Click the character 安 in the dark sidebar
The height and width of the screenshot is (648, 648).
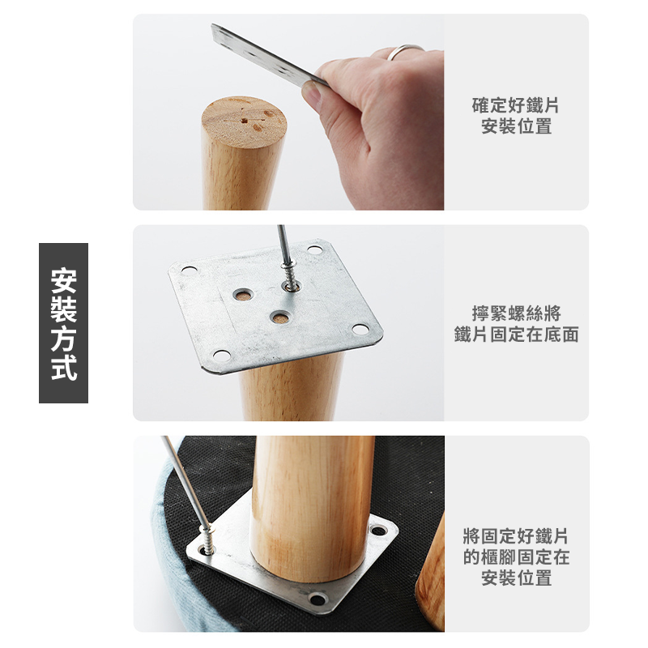[64, 281]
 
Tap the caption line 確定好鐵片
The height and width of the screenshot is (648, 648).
[516, 105]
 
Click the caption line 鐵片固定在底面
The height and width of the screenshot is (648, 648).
[516, 334]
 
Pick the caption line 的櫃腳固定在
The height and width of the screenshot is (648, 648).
[516, 556]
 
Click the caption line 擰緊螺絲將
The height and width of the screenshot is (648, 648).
[516, 313]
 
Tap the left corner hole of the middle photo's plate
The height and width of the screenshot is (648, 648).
[189, 271]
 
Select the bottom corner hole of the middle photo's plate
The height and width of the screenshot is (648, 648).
[221, 356]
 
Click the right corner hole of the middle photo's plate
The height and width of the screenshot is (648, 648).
[360, 330]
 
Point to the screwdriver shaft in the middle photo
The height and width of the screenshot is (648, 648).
[282, 243]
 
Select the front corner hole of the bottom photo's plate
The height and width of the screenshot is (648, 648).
[317, 600]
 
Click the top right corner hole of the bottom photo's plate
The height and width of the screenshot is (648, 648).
[378, 532]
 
